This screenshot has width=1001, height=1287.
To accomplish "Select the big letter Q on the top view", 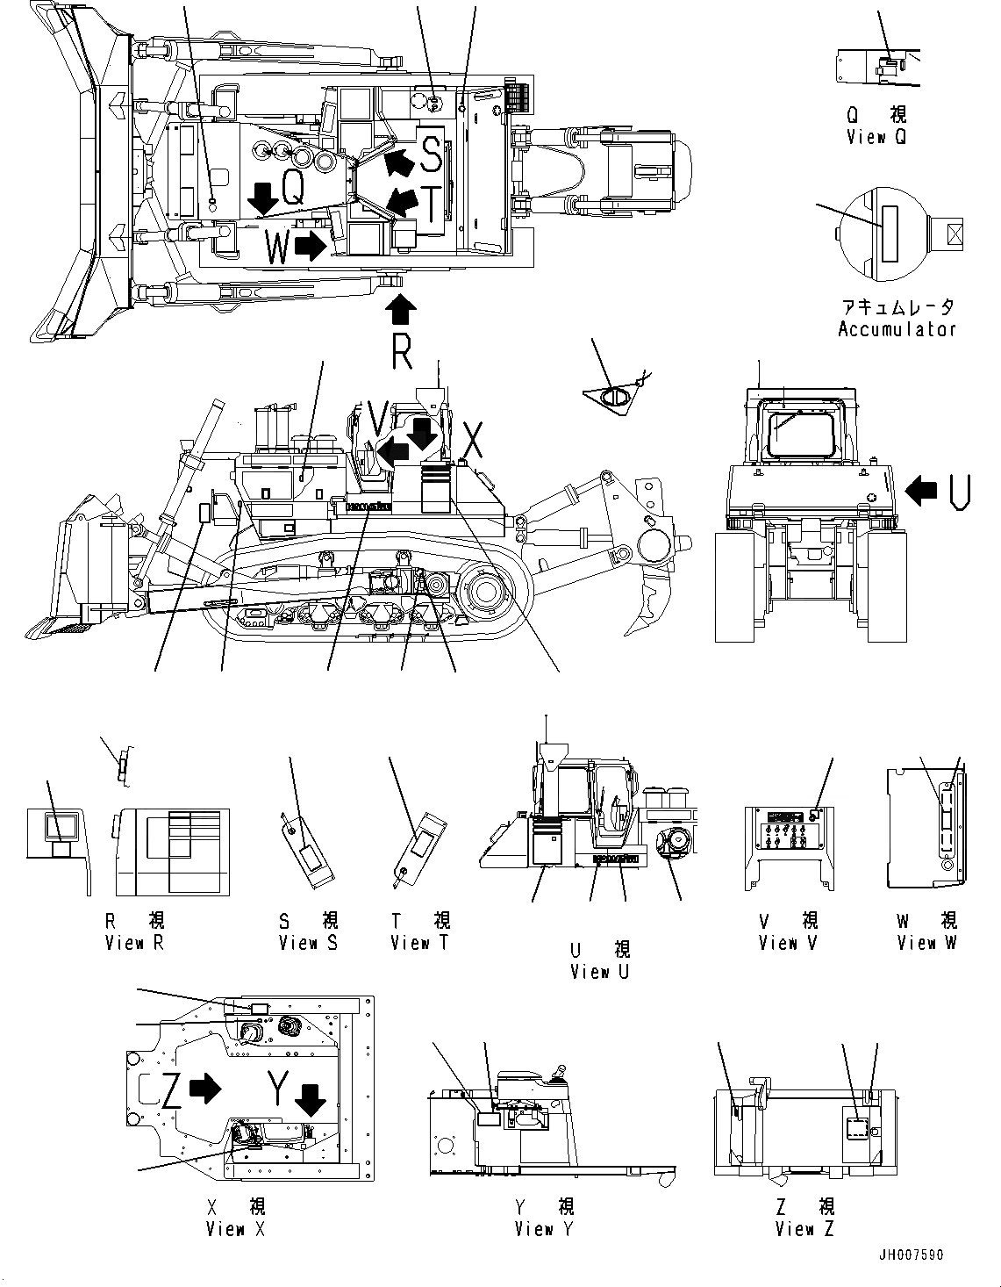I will pyautogui.click(x=294, y=188).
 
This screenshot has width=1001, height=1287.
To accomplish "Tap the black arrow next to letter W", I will pyautogui.click(x=310, y=247).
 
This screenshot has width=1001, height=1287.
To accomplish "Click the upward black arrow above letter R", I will pyautogui.click(x=400, y=310).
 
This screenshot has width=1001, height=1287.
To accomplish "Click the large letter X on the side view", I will pyautogui.click(x=473, y=440).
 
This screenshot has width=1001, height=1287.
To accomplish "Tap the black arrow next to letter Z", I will pyautogui.click(x=205, y=1089).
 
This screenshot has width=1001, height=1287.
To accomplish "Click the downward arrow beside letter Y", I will pyautogui.click(x=309, y=1099).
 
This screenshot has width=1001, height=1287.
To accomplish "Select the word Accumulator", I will pyautogui.click(x=897, y=330).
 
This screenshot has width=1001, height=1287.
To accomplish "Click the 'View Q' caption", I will pyautogui.click(x=876, y=137).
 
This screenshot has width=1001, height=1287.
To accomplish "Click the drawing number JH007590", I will pyautogui.click(x=912, y=1255).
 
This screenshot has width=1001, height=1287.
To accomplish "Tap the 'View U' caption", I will pyautogui.click(x=600, y=972).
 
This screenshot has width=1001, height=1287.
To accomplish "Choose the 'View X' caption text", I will pyautogui.click(x=235, y=1229).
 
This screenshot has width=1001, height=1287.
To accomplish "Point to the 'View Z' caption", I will pyautogui.click(x=804, y=1229).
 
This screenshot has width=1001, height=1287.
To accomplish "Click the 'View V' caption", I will pyautogui.click(x=789, y=943).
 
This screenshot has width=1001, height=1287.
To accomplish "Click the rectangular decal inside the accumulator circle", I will pyautogui.click(x=891, y=234).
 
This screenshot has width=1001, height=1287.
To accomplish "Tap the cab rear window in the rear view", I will pyautogui.click(x=801, y=429).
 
